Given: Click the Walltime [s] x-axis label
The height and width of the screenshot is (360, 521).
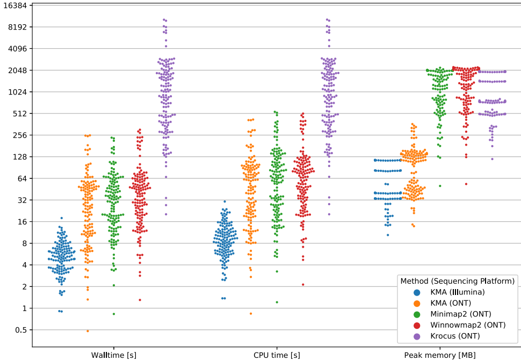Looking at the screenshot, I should coord(113,355).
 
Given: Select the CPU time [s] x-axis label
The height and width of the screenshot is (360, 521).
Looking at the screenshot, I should coord(277,355).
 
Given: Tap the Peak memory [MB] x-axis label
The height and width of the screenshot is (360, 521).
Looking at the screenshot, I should coord(440,355).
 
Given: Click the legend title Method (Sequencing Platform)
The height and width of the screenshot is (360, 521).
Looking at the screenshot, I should coord(457,280).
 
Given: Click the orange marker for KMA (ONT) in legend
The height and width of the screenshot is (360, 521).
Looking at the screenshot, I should coord(416,303).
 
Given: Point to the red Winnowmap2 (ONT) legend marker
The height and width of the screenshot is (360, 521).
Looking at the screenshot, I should coord(416,325).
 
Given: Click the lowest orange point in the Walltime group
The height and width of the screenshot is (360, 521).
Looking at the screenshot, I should coord(88,331).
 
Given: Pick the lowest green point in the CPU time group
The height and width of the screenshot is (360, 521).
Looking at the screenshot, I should coord(277,302).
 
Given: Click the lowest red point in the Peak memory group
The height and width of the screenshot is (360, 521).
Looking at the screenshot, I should coord(466,184).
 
